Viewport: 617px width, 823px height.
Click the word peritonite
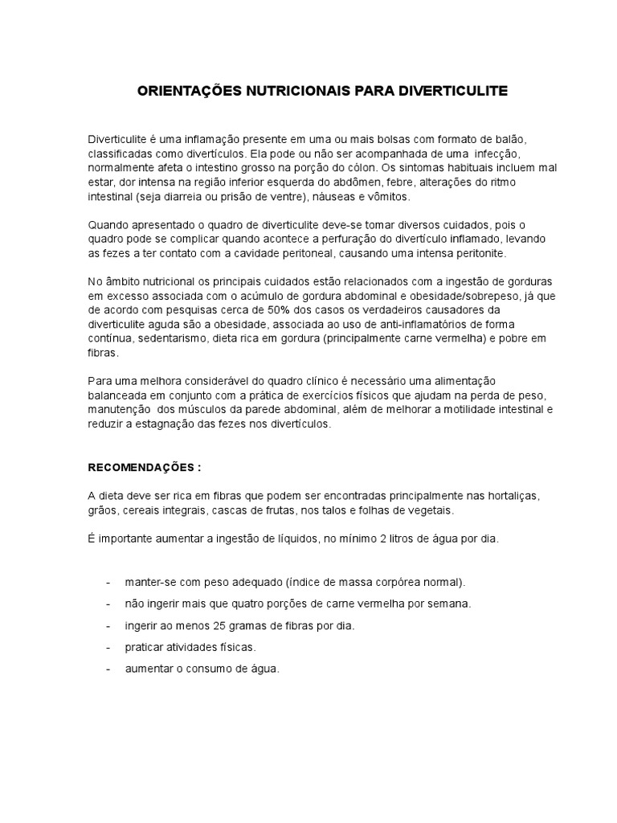tap(479, 252)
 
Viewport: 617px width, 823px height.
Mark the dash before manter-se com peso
tap(108, 581)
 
